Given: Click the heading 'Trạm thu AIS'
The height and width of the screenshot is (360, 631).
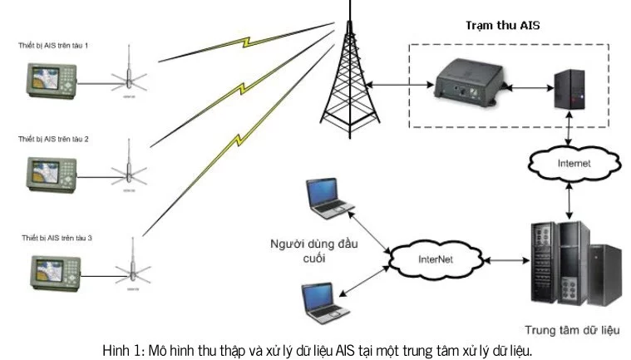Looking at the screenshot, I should [501, 26].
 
